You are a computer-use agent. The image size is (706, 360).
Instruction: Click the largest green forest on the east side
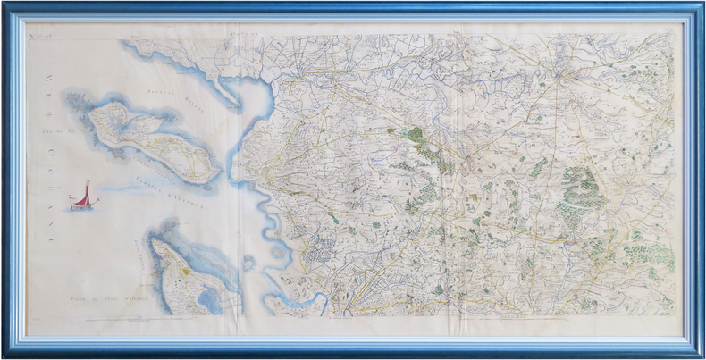point(581,192)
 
